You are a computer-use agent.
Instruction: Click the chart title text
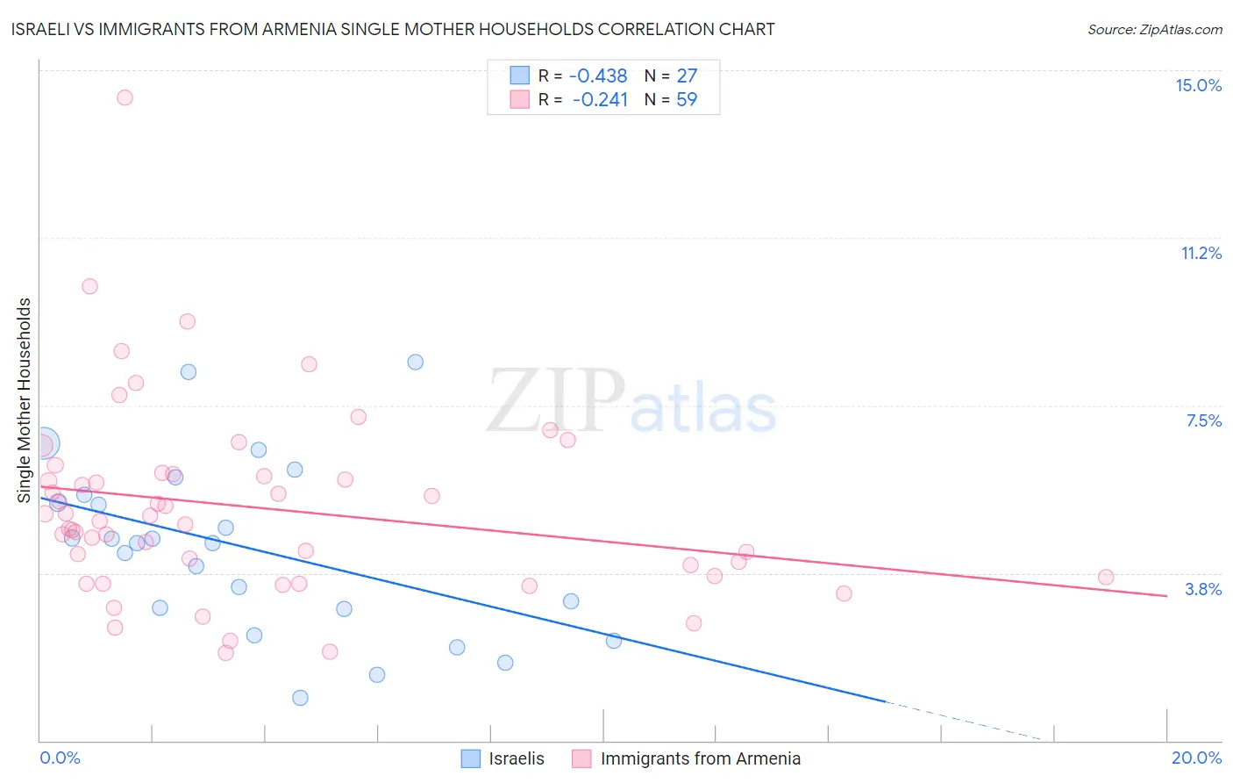point(393,29)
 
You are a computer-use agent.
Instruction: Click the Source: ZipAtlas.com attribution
point(1154,29)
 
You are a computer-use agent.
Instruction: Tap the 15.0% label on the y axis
point(1198,85)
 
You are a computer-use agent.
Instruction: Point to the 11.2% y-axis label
point(1201,253)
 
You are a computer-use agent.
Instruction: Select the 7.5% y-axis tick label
point(1203,420)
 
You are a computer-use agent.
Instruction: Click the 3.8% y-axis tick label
point(1203,589)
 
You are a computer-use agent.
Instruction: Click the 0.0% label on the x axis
point(60,758)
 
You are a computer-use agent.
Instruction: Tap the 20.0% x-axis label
point(1196,758)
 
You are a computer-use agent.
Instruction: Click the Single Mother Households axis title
point(25,400)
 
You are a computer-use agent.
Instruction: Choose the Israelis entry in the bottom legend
point(516,758)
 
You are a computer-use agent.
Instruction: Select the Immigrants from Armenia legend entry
point(700,758)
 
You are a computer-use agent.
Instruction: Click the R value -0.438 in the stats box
point(598,76)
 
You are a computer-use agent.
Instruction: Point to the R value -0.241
point(600,100)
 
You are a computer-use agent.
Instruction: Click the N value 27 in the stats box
point(687,76)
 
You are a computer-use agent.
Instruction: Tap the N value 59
point(687,100)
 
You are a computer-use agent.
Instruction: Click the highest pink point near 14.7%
point(125,97)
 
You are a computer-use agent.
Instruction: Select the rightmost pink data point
point(1106,577)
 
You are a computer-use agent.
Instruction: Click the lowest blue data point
point(300,698)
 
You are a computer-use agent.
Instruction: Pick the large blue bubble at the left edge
point(43,444)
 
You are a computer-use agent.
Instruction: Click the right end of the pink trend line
point(1166,596)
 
